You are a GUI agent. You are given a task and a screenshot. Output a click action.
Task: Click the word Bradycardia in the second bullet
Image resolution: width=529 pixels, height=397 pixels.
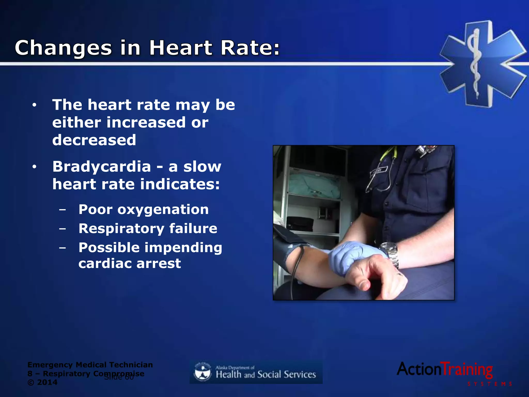[x=102, y=167]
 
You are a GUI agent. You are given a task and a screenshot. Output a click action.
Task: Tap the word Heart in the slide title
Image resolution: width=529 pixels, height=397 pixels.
[x=181, y=48]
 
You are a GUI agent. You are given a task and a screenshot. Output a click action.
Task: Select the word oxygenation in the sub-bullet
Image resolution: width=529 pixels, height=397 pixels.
[x=163, y=210]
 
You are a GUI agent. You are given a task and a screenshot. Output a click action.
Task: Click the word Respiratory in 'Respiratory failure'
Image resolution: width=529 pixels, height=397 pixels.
[x=121, y=229]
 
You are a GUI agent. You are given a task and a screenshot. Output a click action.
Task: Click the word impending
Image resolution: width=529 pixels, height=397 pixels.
[x=183, y=248]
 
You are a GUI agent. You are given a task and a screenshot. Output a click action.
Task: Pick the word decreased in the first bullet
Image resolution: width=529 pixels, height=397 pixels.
[x=94, y=140]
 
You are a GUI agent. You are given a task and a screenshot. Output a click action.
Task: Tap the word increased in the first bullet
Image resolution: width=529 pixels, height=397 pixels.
[x=146, y=123]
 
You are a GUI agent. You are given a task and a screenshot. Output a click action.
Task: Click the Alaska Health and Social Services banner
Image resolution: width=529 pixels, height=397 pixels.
[x=256, y=372]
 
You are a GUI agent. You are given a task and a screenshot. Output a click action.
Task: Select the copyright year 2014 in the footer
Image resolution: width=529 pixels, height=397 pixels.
[x=47, y=383]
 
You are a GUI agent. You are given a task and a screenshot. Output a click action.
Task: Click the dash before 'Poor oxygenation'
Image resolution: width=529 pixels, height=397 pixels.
[x=62, y=210]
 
